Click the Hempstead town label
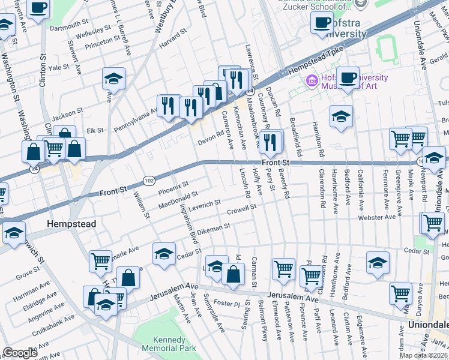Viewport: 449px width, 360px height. (71, 224)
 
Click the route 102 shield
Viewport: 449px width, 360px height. (149, 180)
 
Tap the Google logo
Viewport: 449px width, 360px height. (20, 353)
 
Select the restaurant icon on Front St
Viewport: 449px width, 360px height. (273, 142)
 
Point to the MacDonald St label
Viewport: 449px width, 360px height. (178, 201)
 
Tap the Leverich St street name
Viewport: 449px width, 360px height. (205, 205)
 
